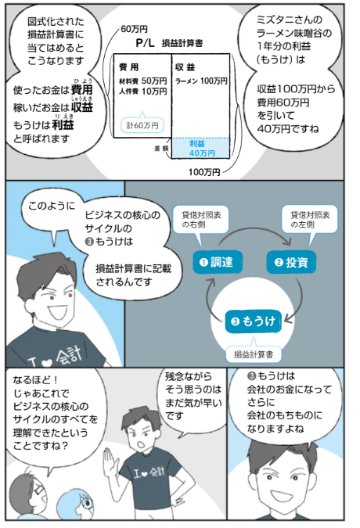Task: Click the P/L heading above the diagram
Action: tap(145, 43)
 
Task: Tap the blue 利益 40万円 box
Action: tap(201, 148)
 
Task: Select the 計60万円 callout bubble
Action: tap(142, 125)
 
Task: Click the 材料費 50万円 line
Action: tap(142, 81)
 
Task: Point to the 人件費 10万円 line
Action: tap(142, 92)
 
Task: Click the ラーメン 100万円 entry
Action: tap(201, 81)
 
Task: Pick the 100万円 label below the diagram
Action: tap(204, 172)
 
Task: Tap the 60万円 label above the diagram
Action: tap(134, 29)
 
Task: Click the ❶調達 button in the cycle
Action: tap(218, 262)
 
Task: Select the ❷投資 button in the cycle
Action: tap(292, 262)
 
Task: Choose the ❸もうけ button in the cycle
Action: tap(253, 321)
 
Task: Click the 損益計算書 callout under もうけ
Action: tap(254, 354)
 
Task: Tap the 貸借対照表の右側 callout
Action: tap(200, 221)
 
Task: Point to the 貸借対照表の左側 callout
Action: tap(309, 221)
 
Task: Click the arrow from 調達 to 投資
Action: tap(254, 230)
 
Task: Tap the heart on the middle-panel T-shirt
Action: tap(48, 362)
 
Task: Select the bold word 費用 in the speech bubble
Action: tap(81, 90)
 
